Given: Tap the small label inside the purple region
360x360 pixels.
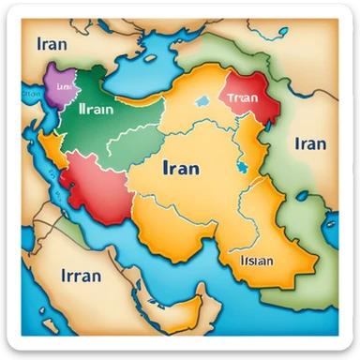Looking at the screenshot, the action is (63, 84).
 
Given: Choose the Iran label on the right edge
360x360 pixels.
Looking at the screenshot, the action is (310, 143).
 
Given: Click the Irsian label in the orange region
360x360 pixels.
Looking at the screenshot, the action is (256, 262).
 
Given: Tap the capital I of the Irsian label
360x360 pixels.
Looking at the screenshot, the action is (243, 262).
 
